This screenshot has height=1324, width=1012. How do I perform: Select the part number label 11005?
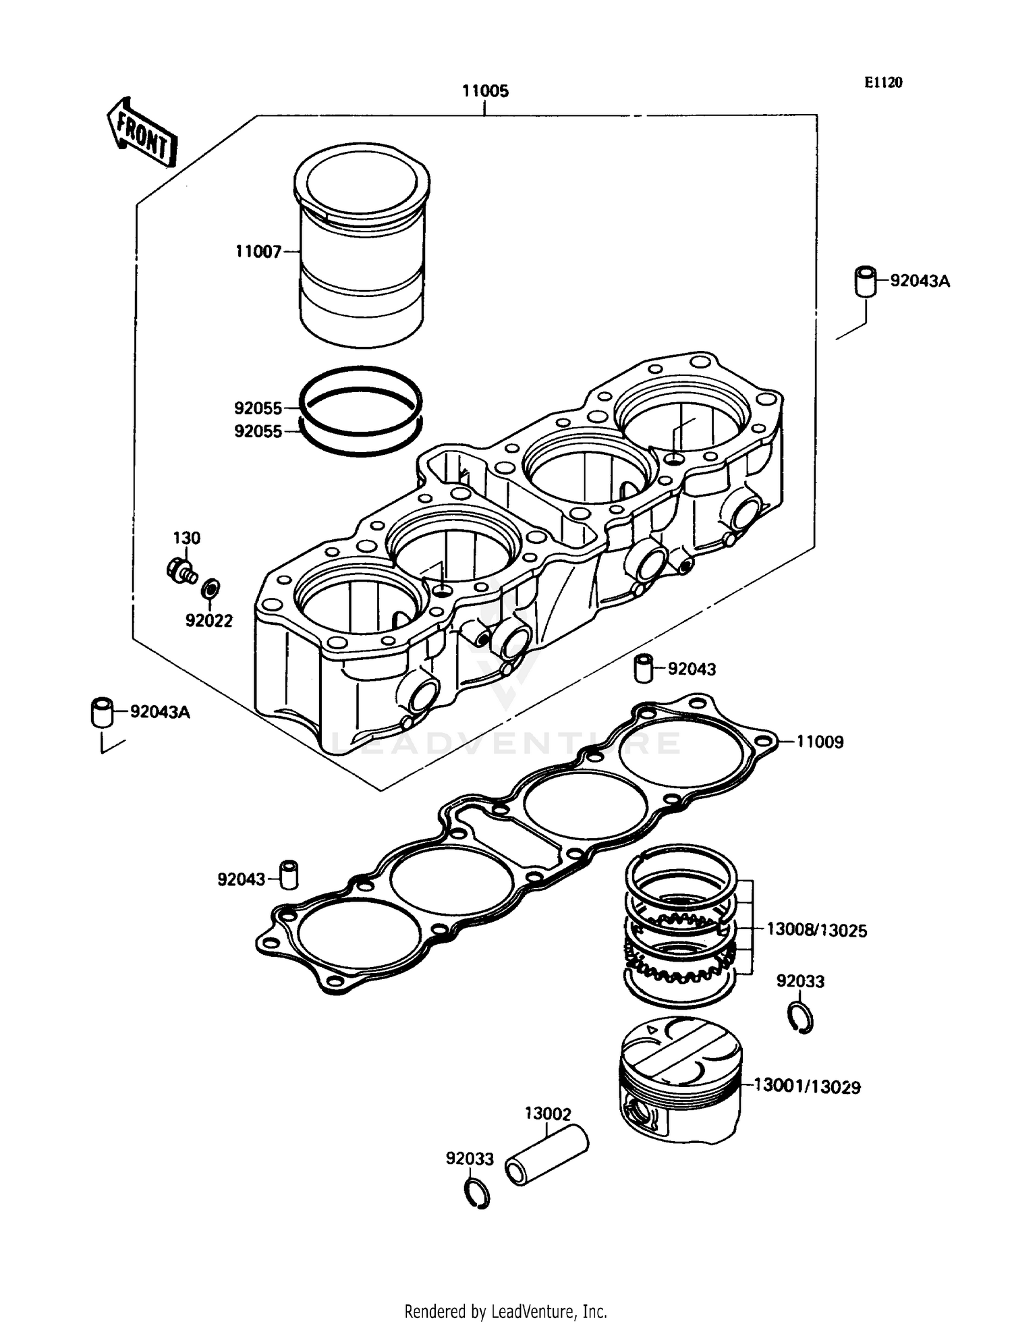pos(484,91)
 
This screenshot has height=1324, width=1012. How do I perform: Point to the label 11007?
pos(258,252)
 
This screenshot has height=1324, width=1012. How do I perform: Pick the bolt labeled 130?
pos(181,572)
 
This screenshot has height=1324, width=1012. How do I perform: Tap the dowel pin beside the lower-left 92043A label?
pos(102,713)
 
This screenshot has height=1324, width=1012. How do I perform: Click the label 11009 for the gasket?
pos(820,742)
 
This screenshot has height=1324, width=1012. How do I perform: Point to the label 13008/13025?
pos(816,930)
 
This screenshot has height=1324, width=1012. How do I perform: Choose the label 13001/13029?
pos(807,1086)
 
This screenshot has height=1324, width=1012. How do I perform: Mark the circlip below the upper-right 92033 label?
pos(801,1019)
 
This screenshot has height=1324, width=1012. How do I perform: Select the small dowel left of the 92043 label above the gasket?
pos(644,668)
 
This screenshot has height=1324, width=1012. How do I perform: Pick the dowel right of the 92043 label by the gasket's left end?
pos(289,875)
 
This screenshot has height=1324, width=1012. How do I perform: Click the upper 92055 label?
pos(258,408)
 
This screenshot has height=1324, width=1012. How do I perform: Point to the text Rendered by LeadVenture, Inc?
pos(505,1311)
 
